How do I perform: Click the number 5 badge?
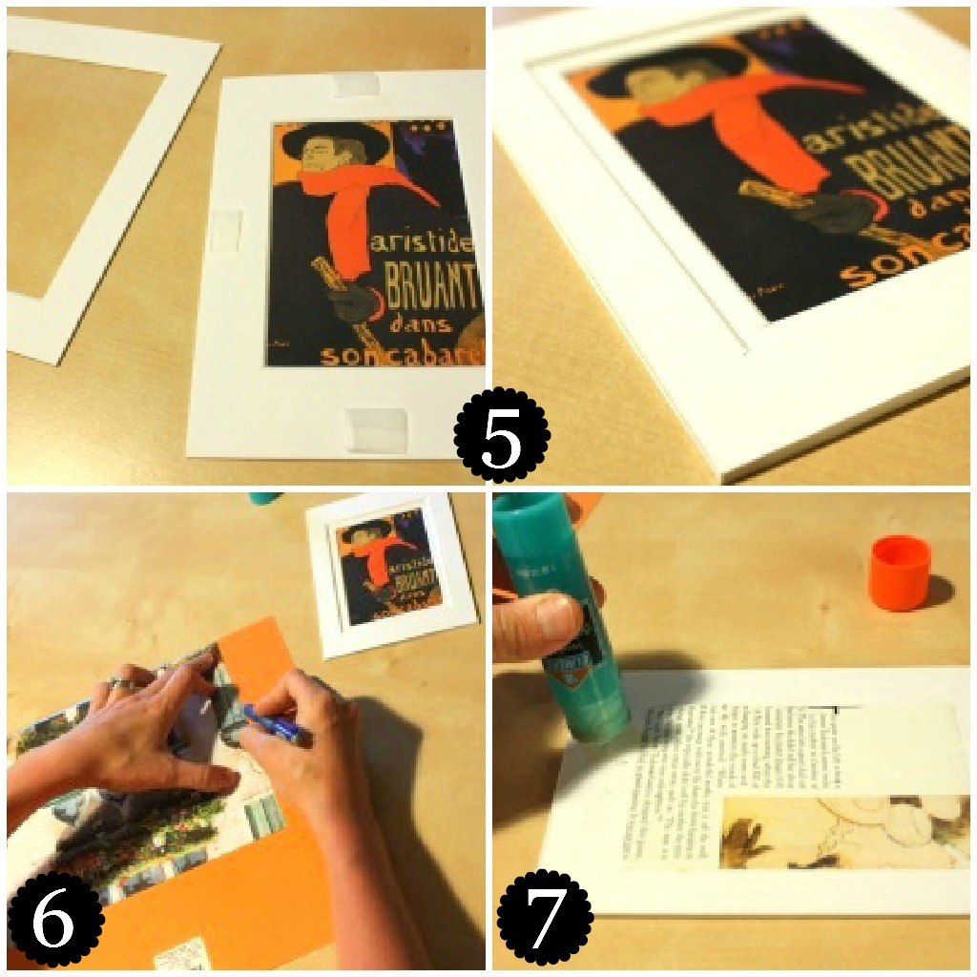click(x=502, y=435)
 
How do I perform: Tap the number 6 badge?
click(x=55, y=920)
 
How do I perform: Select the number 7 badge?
click(x=545, y=917)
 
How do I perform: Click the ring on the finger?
click(x=121, y=683)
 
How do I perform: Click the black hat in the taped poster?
click(x=335, y=140)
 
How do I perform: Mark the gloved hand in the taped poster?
click(x=351, y=301)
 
